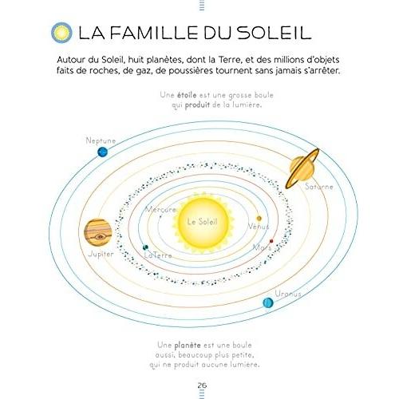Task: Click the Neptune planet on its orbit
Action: (x=102, y=152)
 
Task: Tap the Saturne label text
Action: (x=319, y=187)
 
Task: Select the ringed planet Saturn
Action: (x=302, y=168)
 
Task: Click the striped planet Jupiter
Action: (x=98, y=232)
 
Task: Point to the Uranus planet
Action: (x=268, y=302)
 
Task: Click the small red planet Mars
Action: (x=271, y=241)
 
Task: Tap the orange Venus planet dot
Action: (x=259, y=219)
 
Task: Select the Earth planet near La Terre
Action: (x=145, y=247)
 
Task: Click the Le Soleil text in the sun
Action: (x=203, y=222)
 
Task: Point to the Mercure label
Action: (x=160, y=210)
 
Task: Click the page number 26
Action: (x=202, y=385)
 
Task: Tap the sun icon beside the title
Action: (x=61, y=33)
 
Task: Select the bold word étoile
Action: (x=187, y=95)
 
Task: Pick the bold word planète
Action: (x=188, y=346)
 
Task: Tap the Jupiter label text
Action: (x=101, y=254)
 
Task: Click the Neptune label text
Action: (x=101, y=140)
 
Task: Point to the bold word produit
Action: (x=197, y=105)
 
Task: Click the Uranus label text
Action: (x=288, y=294)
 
